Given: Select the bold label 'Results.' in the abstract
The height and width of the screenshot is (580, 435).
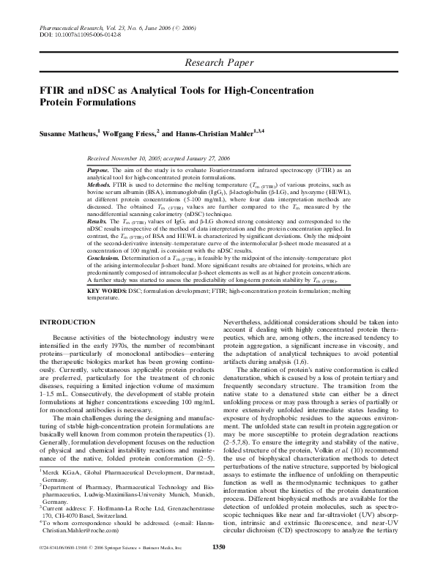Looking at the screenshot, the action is [x=98, y=220].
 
